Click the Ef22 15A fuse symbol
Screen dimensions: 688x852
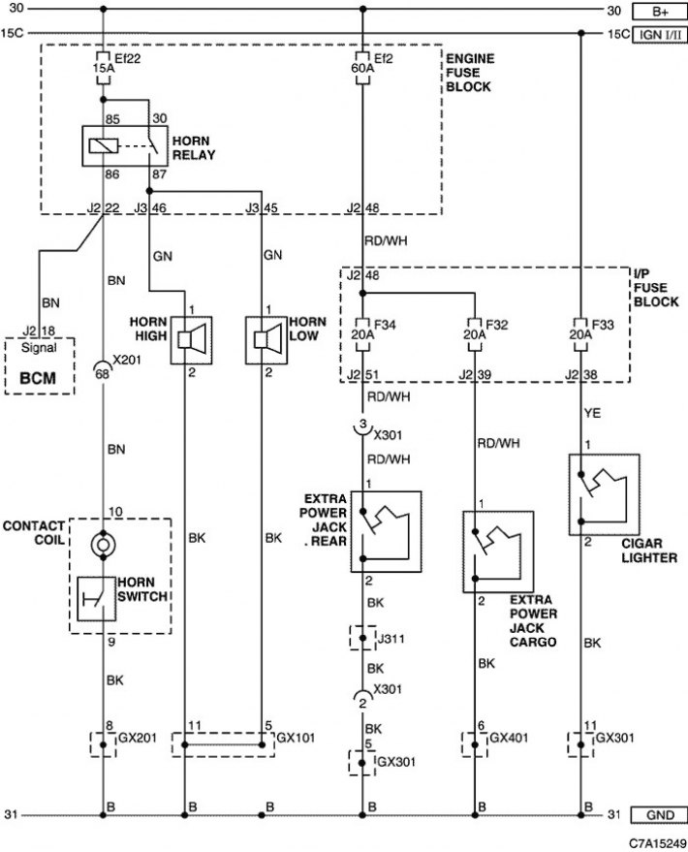point(103,69)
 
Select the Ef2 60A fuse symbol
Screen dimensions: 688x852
point(362,69)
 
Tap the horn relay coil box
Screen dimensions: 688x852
point(103,145)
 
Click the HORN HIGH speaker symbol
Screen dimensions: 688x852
point(192,340)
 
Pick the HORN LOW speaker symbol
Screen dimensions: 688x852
point(266,340)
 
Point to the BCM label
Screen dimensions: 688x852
point(38,378)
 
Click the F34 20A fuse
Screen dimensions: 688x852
point(362,334)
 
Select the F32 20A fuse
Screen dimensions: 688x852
point(475,334)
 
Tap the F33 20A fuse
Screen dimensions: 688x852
point(580,334)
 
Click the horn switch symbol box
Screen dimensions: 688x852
point(97,599)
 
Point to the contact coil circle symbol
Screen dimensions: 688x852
point(103,544)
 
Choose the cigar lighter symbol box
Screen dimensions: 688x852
point(605,494)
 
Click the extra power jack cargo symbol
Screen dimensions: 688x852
point(498,552)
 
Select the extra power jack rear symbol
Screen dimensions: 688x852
point(386,531)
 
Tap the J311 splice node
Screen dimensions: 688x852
point(362,638)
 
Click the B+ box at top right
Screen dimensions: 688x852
point(660,11)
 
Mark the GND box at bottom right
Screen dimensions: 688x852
point(660,815)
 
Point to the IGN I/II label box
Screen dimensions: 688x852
point(660,34)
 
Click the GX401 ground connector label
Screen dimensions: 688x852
point(509,738)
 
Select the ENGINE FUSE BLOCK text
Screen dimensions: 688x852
point(470,73)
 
